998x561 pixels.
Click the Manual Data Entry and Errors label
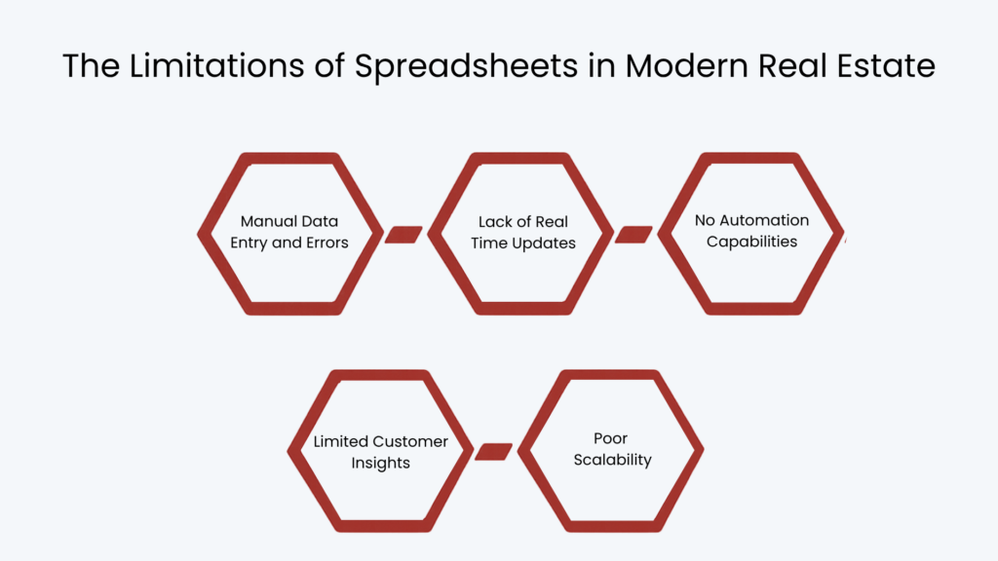coord(289,232)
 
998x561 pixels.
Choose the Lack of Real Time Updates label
coord(522,232)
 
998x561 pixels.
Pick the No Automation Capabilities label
coord(751,231)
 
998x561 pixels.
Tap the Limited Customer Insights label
coord(380,452)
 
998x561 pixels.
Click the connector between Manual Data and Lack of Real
coord(403,235)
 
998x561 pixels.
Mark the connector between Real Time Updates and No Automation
coord(633,235)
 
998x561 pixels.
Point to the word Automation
coord(764,220)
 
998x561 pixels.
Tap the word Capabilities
coord(751,242)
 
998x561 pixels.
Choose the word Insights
coord(380,463)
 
